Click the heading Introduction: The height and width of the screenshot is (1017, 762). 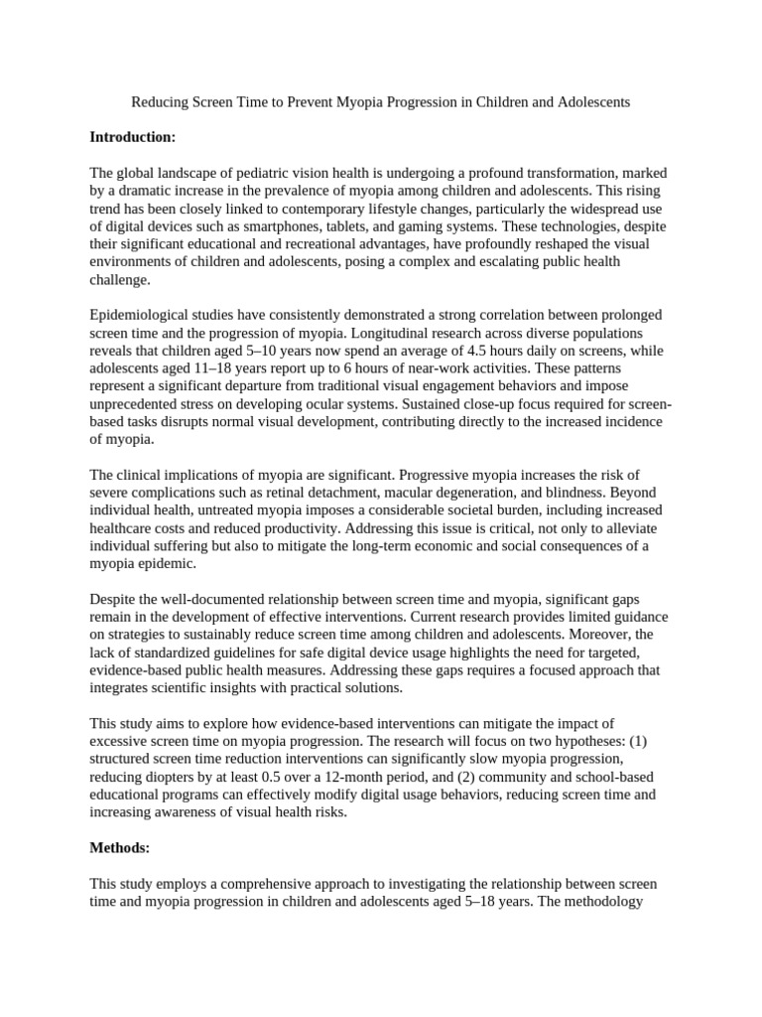[133, 137]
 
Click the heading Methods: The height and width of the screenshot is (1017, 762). [120, 847]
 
